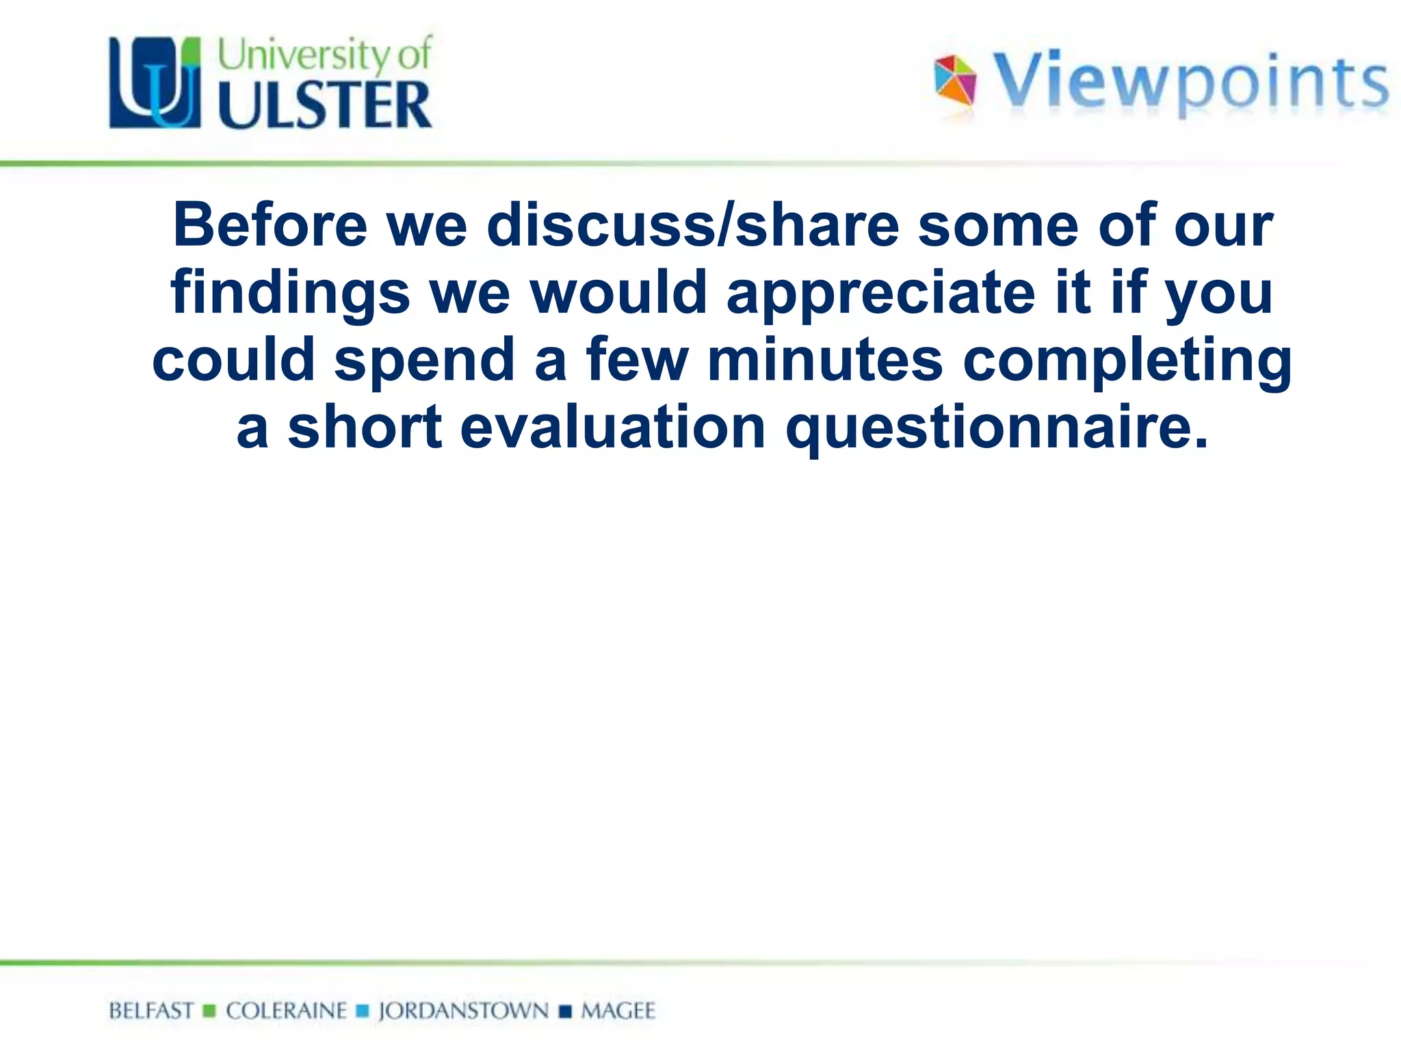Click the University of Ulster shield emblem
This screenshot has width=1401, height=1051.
tap(155, 82)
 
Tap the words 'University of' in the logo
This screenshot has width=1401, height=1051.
tap(325, 54)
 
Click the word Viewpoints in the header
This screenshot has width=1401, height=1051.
tap(1190, 83)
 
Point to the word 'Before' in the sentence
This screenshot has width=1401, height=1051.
tap(270, 225)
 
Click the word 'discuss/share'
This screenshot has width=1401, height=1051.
tap(692, 225)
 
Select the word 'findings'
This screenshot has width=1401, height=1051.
tap(290, 294)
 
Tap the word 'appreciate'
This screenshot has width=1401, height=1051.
tap(881, 294)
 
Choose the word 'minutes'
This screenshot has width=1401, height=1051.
tap(825, 360)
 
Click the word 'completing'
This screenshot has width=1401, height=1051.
tap(1127, 361)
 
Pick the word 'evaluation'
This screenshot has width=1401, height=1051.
tap(613, 427)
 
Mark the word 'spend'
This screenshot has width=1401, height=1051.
tap(424, 361)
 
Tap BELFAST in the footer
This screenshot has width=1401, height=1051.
tap(151, 1011)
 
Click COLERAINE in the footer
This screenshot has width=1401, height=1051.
tap(287, 1011)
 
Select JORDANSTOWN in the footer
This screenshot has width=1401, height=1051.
tap(464, 1011)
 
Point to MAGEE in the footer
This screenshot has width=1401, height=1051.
tap(618, 1011)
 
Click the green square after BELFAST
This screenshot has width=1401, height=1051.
tap(210, 1011)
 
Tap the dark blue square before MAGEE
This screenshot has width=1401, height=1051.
tap(565, 1011)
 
